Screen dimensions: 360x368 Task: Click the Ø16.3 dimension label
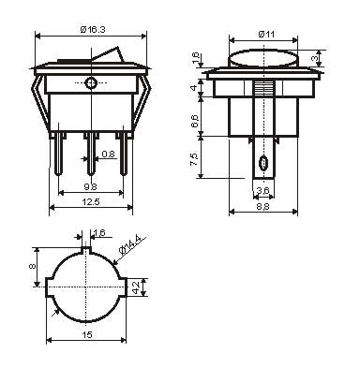[93, 30]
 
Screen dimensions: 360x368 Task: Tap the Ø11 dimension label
[266, 34]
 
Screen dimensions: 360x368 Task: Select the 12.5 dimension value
[91, 202]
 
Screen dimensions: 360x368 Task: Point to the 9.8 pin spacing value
[90, 187]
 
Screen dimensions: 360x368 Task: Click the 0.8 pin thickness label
[109, 154]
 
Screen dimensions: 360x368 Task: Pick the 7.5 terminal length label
[194, 159]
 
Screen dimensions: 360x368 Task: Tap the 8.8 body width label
[263, 207]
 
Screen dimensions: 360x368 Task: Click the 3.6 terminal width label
[263, 190]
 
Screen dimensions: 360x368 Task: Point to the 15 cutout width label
[87, 335]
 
